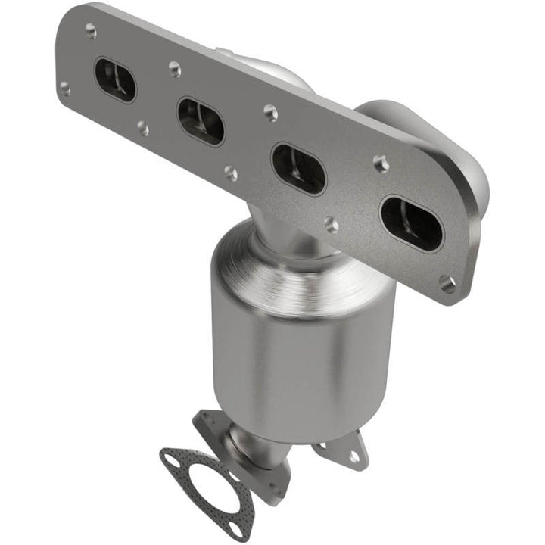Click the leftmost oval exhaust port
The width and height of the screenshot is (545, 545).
click(115, 79)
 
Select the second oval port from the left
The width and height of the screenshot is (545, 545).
click(201, 121)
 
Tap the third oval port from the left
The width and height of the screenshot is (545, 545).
click(298, 168)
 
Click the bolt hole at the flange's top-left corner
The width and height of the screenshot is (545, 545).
click(90, 30)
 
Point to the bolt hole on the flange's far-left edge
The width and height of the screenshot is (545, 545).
click(65, 89)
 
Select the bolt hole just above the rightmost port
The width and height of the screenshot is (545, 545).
click(381, 163)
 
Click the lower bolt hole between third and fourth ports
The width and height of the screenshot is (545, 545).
click(331, 224)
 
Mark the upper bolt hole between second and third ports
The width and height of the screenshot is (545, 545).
click(270, 112)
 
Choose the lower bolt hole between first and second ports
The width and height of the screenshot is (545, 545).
click(142, 129)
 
